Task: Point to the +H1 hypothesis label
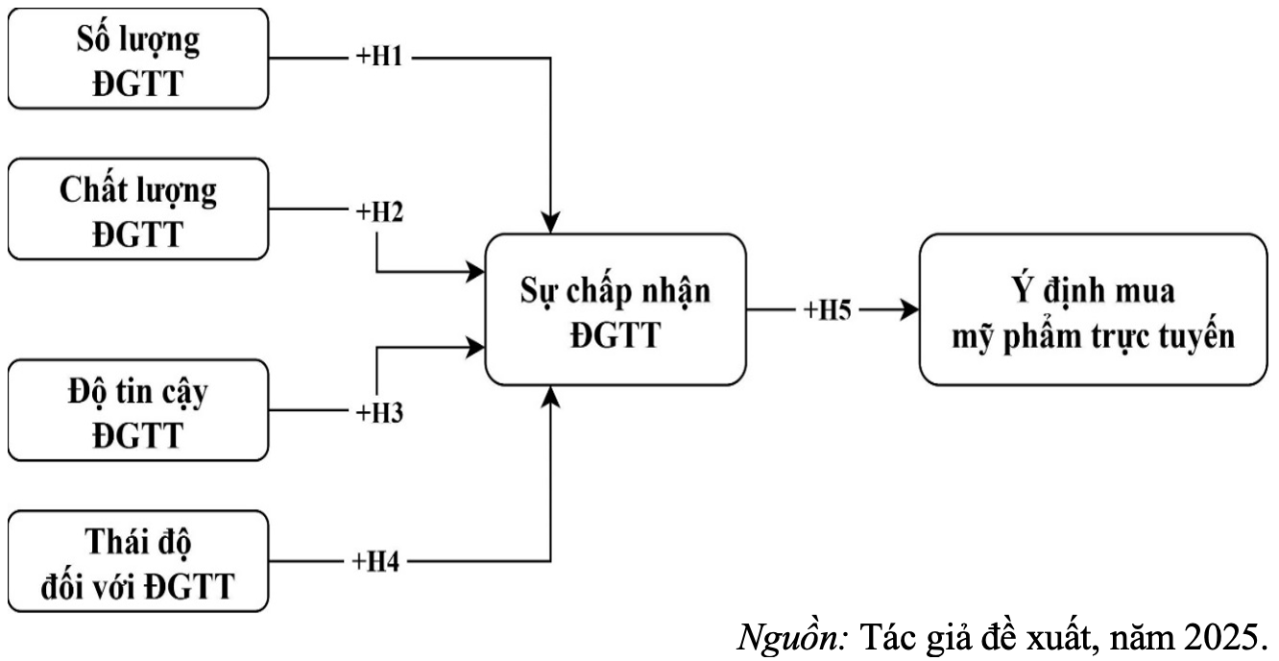[x=379, y=58]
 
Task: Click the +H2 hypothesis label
[x=379, y=209]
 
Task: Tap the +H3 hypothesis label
[x=379, y=412]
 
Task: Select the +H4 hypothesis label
[x=379, y=562]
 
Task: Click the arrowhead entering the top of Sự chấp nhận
[x=550, y=224]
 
